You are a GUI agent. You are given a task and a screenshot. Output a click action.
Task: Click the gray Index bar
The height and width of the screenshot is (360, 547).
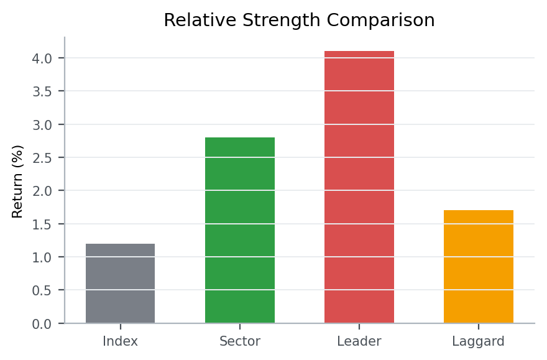(120, 284)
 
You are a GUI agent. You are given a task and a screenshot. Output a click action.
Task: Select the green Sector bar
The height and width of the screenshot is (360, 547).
(240, 230)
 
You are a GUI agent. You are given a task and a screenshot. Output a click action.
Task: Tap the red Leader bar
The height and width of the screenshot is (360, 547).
(359, 187)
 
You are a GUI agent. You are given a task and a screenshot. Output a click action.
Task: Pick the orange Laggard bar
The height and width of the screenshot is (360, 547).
(479, 267)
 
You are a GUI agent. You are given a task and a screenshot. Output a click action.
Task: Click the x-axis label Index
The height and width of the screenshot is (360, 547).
(120, 341)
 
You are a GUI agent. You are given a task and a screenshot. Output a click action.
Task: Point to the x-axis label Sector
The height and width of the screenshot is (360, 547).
(240, 341)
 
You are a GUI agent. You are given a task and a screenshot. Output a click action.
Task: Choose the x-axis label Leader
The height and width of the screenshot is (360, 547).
(359, 341)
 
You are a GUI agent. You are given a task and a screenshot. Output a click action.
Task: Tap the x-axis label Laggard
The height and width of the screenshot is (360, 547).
(479, 341)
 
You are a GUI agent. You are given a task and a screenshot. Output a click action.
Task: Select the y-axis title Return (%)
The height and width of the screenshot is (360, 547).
(18, 181)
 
